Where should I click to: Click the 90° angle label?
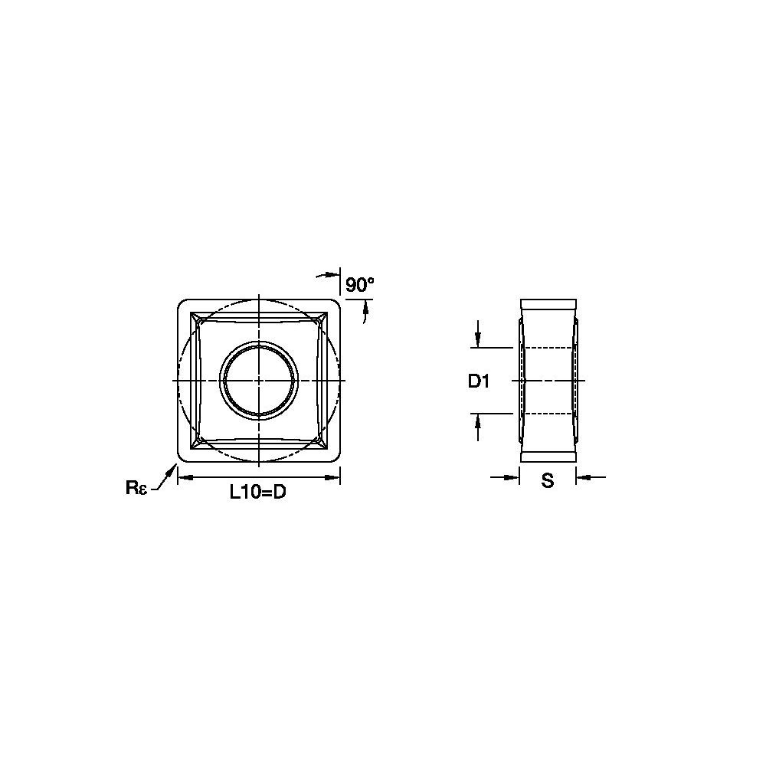pos(359,284)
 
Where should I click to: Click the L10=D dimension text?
pos(258,493)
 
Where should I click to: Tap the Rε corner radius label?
pos(136,487)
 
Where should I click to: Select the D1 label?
pos(479,381)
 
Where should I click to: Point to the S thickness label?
pos(548,481)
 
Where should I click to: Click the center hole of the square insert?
pos(258,381)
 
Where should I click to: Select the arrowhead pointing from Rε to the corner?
pos(171,470)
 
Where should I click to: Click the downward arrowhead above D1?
pos(478,340)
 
